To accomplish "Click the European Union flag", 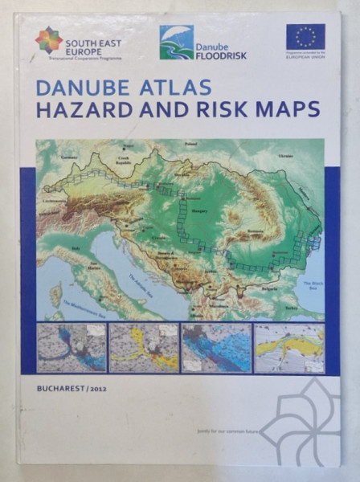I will tap(305, 37).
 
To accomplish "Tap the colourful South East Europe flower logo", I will tap(48, 39).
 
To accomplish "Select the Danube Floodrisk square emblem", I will tap(176, 42).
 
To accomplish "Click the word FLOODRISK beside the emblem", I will tap(222, 56).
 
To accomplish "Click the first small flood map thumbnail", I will tap(72, 348).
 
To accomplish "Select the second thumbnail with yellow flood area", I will tap(143, 348).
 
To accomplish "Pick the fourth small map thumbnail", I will tap(289, 348).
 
